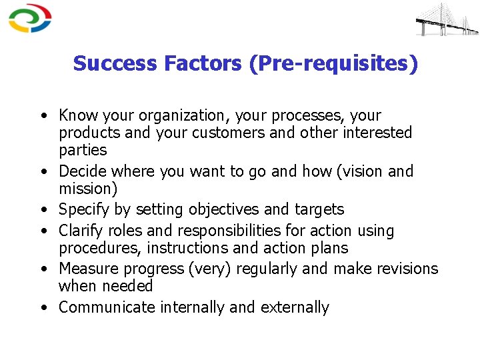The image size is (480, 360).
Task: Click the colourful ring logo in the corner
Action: [x=30, y=19]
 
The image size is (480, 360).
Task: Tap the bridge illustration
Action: [x=446, y=20]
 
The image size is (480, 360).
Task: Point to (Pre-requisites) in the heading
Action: [x=335, y=64]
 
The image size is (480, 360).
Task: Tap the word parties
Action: [x=83, y=150]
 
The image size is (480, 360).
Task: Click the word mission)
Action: [x=88, y=189]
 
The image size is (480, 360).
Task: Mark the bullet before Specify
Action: [x=43, y=210]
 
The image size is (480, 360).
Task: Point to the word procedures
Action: [x=100, y=249]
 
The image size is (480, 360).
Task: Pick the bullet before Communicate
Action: [x=43, y=308]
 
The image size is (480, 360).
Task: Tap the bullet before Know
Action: [x=43, y=116]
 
